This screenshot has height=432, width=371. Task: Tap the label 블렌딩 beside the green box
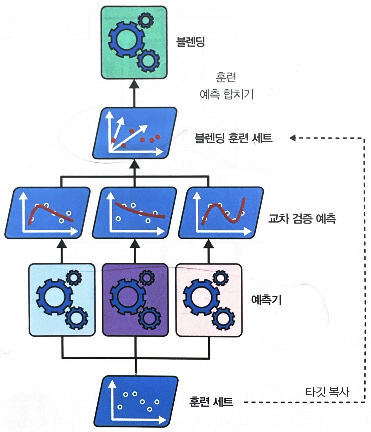(x=190, y=42)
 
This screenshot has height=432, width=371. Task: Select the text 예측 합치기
(x=226, y=94)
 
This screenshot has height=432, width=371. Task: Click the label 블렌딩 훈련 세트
(x=233, y=138)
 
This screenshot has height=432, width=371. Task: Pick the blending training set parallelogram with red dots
(x=134, y=133)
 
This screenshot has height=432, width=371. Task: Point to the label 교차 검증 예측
(x=302, y=219)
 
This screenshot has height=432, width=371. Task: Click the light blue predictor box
(x=62, y=300)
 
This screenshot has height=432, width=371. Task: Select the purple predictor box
(x=135, y=300)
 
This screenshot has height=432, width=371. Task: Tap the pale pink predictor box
(x=209, y=300)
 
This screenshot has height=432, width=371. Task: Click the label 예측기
(x=266, y=300)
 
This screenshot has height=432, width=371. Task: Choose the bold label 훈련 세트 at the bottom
(x=211, y=402)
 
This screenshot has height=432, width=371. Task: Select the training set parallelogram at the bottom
(x=136, y=401)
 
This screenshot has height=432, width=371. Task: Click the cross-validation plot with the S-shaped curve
(x=221, y=213)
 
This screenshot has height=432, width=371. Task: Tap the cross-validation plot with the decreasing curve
(x=134, y=213)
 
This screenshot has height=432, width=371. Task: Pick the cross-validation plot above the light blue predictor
(x=47, y=213)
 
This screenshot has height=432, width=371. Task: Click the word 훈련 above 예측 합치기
(x=226, y=77)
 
